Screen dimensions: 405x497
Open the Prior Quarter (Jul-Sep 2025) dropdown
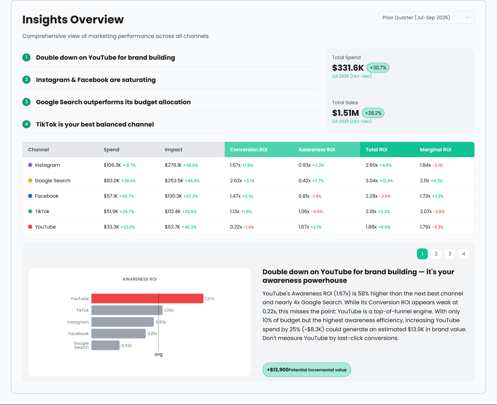426,18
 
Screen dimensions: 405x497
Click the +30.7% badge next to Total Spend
378,68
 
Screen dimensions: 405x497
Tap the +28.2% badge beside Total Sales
373,113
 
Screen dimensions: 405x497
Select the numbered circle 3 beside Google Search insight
26,102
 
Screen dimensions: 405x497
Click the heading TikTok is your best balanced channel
95,124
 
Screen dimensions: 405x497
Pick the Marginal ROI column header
435,150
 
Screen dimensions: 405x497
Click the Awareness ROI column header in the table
317,150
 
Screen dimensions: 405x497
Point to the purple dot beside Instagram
30,165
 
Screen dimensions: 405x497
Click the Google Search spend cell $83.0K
112,181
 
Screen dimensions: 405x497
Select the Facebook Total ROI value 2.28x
371,196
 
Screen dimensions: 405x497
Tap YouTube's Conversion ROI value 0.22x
236,227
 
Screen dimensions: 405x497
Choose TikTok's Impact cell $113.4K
173,212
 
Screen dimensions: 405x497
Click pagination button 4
463,254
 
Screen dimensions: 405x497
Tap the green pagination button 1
422,254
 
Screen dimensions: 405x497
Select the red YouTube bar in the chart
147,299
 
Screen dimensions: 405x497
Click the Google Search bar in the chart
105,345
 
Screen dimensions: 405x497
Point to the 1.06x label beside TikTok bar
169,310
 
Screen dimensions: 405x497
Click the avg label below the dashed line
158,354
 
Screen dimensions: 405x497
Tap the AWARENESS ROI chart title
140,279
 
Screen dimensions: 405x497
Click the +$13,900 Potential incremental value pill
306,370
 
